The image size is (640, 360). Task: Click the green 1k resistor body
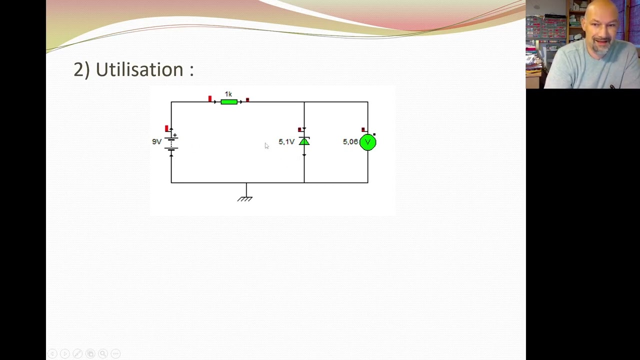tap(229, 102)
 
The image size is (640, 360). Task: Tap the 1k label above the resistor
tap(228, 94)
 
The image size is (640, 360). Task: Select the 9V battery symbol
tap(171, 142)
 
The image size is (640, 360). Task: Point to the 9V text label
tap(157, 141)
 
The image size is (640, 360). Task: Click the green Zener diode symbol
tap(304, 142)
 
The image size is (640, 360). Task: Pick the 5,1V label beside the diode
tap(286, 142)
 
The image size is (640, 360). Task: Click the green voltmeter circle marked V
tap(368, 142)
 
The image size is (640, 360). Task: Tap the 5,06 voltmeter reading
tap(350, 142)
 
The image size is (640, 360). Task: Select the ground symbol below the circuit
tap(245, 198)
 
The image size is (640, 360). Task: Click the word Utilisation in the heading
tap(139, 69)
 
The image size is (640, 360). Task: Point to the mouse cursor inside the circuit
tap(266, 145)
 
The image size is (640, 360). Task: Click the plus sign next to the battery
tap(175, 135)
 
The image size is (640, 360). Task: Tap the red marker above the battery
tap(166, 128)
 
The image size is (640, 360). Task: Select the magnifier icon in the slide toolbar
tap(102, 353)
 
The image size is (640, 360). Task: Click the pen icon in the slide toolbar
tap(77, 353)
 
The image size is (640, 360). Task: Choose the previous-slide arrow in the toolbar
tap(52, 353)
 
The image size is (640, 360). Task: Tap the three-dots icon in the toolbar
tap(115, 353)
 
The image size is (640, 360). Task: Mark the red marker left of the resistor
tap(210, 98)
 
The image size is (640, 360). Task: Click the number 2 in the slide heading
tap(78, 69)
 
